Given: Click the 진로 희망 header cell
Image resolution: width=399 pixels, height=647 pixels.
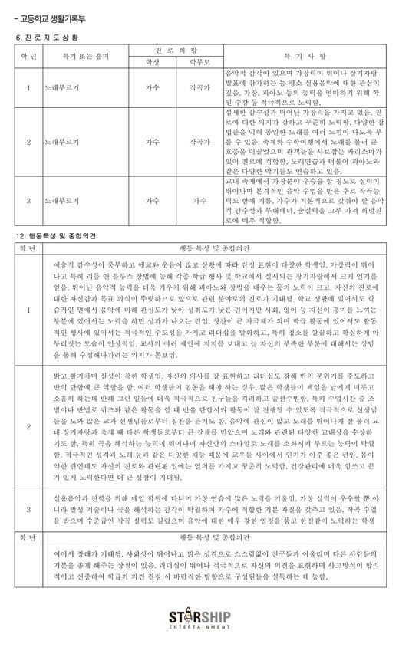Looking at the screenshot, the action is click(x=176, y=50).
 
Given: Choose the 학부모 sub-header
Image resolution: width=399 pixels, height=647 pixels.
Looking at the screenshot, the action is click(x=199, y=63).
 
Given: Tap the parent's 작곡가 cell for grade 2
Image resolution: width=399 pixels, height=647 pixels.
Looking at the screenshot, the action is click(x=199, y=142).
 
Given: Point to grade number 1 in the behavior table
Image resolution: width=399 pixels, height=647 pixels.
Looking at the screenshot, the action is click(x=28, y=310).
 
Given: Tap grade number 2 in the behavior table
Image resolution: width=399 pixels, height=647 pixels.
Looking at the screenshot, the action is click(x=28, y=425).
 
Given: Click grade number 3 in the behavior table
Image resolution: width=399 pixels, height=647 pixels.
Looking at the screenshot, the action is click(x=28, y=508).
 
